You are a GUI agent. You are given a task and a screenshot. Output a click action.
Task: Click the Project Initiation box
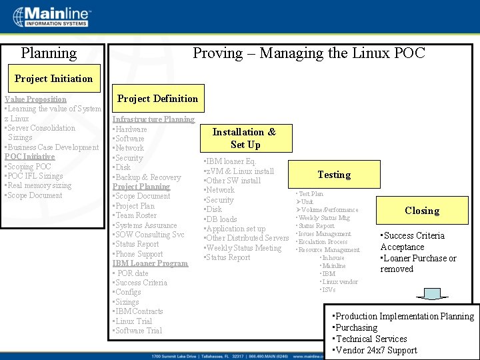(x=53, y=79)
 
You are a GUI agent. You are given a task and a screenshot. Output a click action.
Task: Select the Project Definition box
(x=157, y=99)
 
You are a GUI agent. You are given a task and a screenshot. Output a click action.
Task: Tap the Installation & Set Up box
(x=244, y=138)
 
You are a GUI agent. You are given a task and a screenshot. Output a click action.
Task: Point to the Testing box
(x=334, y=175)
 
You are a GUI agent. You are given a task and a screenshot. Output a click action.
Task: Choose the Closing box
(x=422, y=211)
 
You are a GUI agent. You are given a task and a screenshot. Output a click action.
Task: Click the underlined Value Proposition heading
(x=35, y=99)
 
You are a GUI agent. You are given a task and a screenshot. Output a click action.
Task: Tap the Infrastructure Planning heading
(x=153, y=119)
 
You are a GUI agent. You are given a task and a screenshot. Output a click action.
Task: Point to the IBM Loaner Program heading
(x=150, y=263)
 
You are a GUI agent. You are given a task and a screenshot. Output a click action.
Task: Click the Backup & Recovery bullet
(x=147, y=177)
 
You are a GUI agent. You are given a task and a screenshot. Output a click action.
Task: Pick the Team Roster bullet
(x=136, y=215)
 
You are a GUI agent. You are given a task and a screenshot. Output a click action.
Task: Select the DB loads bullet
(x=221, y=219)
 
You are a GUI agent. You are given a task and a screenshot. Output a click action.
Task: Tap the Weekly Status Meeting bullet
(x=243, y=248)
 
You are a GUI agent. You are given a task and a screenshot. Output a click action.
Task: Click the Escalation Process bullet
(x=323, y=242)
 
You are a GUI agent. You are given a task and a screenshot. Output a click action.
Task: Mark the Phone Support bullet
(x=139, y=254)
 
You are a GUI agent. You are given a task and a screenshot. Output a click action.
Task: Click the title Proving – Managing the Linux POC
(x=309, y=53)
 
